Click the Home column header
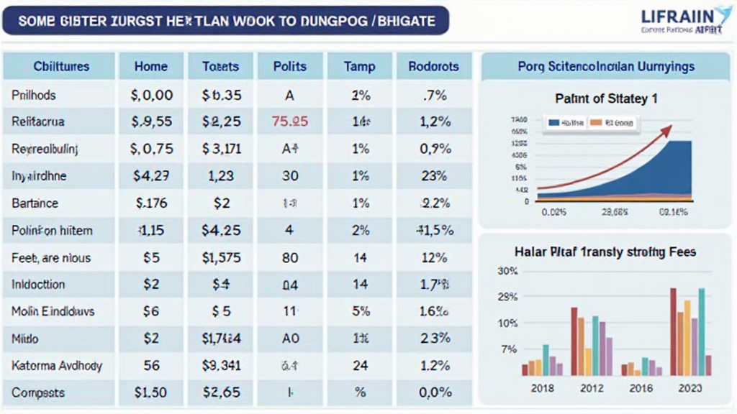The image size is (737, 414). pyautogui.click(x=152, y=67)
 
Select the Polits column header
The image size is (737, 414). pyautogui.click(x=289, y=67)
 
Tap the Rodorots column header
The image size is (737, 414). pyautogui.click(x=433, y=67)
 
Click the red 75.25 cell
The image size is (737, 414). pyautogui.click(x=290, y=121)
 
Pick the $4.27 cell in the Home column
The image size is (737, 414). pyautogui.click(x=152, y=175)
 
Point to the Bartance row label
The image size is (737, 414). pyautogui.click(x=35, y=203)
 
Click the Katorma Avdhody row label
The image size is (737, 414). pyautogui.click(x=57, y=366)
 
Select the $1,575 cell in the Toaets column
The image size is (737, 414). pyautogui.click(x=221, y=257)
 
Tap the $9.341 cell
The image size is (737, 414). pyautogui.click(x=221, y=366)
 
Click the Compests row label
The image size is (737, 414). pyautogui.click(x=38, y=393)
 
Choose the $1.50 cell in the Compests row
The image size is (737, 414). pyautogui.click(x=152, y=393)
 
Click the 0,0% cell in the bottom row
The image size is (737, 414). pyautogui.click(x=434, y=393)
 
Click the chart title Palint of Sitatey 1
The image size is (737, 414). pyautogui.click(x=606, y=99)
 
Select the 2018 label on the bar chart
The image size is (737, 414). pyautogui.click(x=541, y=388)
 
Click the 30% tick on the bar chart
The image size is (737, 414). pyautogui.click(x=507, y=271)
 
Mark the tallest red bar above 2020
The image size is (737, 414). pyautogui.click(x=673, y=331)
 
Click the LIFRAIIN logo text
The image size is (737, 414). pyautogui.click(x=676, y=15)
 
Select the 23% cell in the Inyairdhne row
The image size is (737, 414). pyautogui.click(x=434, y=175)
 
